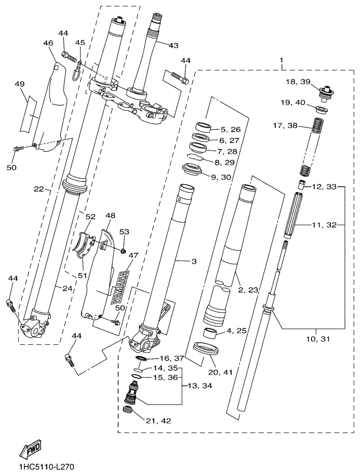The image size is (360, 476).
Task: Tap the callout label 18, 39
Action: (298, 82)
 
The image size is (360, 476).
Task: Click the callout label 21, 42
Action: (159, 420)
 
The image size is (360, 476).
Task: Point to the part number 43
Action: (173, 45)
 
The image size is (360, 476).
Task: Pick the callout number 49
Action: (19, 84)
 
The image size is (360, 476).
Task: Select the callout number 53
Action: (124, 232)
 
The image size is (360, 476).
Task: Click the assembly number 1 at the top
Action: (281, 60)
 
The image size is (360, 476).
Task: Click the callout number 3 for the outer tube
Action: (193, 260)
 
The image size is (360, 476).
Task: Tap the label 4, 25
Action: (237, 331)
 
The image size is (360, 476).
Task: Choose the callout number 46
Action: (48, 43)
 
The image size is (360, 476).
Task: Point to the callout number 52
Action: (90, 217)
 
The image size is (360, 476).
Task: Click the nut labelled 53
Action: (123, 250)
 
